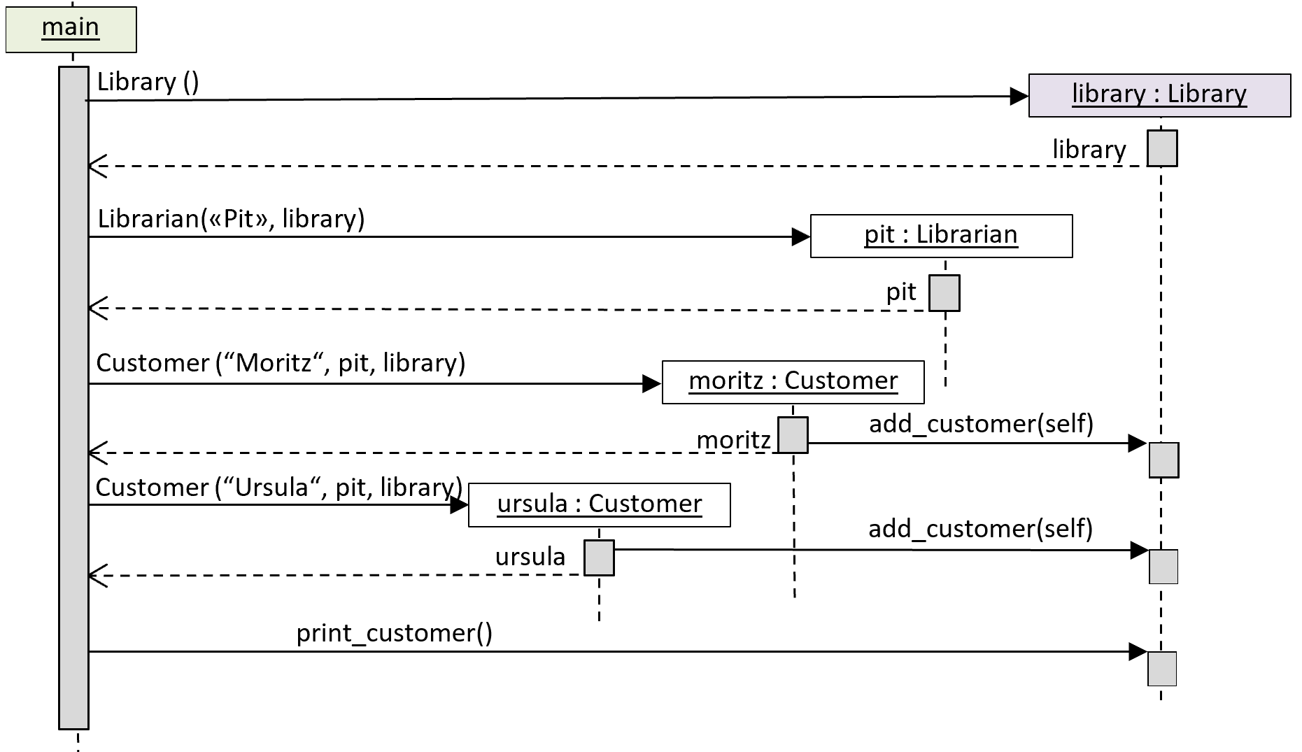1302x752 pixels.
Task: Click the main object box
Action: coord(71,29)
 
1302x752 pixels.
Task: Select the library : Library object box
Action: coord(1159,95)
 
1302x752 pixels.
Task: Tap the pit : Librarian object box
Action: coord(941,236)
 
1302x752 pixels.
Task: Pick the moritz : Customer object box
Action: coord(793,382)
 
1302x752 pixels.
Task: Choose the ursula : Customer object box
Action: coord(599,504)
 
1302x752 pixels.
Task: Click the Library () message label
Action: coord(148,82)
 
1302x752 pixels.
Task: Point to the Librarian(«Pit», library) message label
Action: coord(231,219)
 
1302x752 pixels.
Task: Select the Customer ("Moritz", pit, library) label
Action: coord(281,363)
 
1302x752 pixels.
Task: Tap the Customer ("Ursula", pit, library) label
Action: coord(278,488)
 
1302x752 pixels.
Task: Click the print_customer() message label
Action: coord(395,633)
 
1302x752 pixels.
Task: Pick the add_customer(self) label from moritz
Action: coord(981,424)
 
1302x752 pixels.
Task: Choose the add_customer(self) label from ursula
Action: coord(980,529)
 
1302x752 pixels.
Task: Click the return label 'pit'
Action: coord(901,292)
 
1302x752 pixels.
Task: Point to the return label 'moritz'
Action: coord(733,440)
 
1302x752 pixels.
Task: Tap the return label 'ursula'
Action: coord(530,557)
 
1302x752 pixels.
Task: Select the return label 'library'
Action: coord(1089,150)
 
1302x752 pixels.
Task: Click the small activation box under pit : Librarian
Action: coord(944,293)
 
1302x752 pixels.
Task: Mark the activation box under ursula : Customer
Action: coord(599,558)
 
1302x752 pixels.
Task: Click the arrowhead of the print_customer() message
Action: coord(1138,652)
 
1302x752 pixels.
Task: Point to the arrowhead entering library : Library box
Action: coord(1019,97)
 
